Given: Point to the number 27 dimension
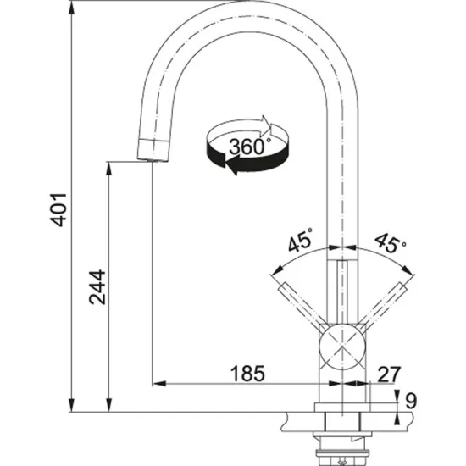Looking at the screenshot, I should [390, 372].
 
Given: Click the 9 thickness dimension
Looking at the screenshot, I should [411, 397].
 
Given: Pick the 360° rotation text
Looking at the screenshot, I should [250, 145].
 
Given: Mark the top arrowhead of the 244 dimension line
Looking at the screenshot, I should [108, 168].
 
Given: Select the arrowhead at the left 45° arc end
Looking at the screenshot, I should [273, 274].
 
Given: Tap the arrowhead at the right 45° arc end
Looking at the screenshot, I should [415, 274].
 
